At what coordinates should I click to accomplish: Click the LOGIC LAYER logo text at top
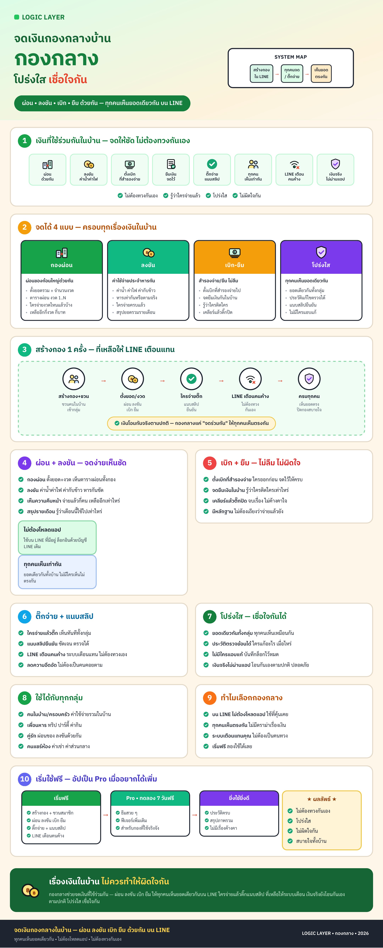(x=43, y=17)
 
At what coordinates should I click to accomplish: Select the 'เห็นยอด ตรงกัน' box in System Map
(x=321, y=73)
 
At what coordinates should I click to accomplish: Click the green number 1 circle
(x=25, y=141)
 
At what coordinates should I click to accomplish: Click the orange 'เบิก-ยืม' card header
(x=235, y=257)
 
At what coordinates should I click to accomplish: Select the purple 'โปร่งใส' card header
(x=321, y=257)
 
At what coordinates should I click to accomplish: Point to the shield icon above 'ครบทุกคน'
(x=309, y=379)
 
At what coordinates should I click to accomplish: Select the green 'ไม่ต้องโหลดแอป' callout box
(x=57, y=537)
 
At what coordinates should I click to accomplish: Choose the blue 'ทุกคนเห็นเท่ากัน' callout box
(x=57, y=572)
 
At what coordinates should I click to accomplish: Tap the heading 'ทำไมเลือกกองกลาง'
(x=252, y=698)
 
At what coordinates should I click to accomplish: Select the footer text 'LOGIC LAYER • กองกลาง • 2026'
(x=335, y=933)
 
